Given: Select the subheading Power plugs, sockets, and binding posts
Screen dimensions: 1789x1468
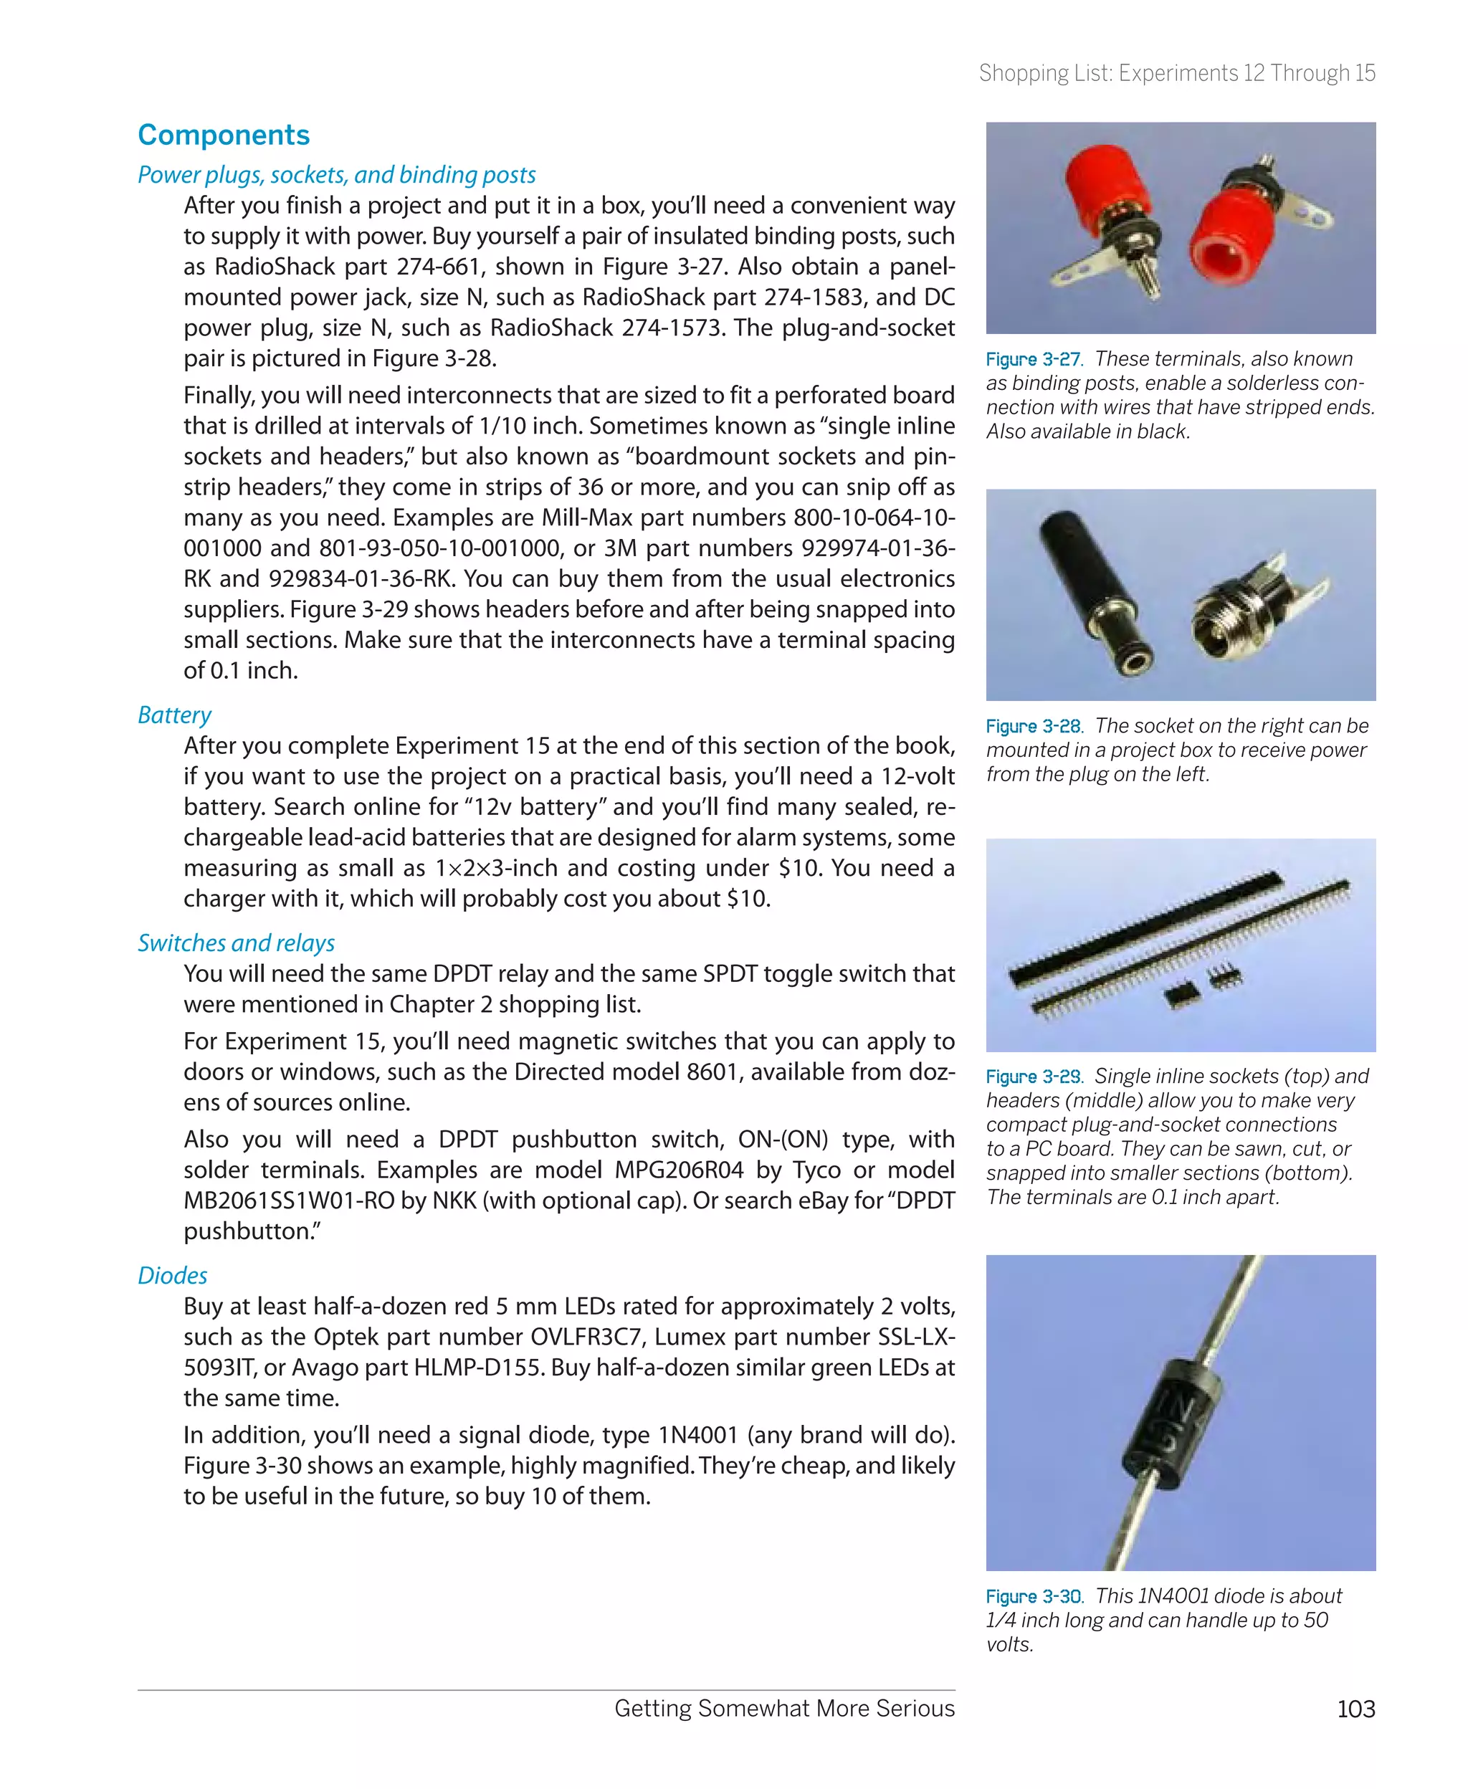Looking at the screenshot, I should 337,175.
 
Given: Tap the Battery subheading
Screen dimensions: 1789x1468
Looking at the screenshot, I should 174,715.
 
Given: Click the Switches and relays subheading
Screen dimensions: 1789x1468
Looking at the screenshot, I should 236,943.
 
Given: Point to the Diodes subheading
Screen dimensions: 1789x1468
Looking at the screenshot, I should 173,1275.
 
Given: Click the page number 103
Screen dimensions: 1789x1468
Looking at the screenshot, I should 1355,1709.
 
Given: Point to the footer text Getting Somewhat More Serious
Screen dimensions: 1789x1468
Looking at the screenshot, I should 784,1709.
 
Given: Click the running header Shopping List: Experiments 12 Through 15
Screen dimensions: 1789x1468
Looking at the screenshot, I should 1176,74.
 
